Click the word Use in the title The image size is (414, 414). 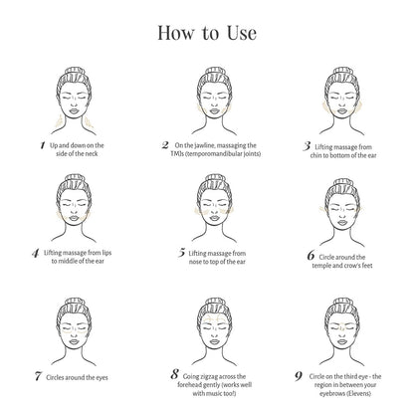pyautogui.click(x=242, y=33)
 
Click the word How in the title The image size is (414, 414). pyautogui.click(x=175, y=33)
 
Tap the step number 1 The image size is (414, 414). pyautogui.click(x=43, y=145)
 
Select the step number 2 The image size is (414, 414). pyautogui.click(x=165, y=145)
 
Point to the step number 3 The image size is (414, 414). pyautogui.click(x=307, y=146)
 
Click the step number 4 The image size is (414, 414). pyautogui.click(x=36, y=253)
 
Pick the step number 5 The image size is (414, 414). pyautogui.click(x=181, y=253)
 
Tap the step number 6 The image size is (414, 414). pyautogui.click(x=310, y=256)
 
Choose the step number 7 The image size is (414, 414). pyautogui.click(x=38, y=376)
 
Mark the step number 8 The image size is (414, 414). pyautogui.click(x=175, y=374)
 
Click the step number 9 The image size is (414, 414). pyautogui.click(x=299, y=376)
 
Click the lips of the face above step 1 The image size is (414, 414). pyautogui.click(x=74, y=111)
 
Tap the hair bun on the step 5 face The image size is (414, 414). pyautogui.click(x=215, y=179)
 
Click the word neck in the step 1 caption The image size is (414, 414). pyautogui.click(x=92, y=154)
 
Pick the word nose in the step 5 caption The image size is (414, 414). pyautogui.click(x=195, y=262)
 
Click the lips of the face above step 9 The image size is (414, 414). pyautogui.click(x=342, y=341)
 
